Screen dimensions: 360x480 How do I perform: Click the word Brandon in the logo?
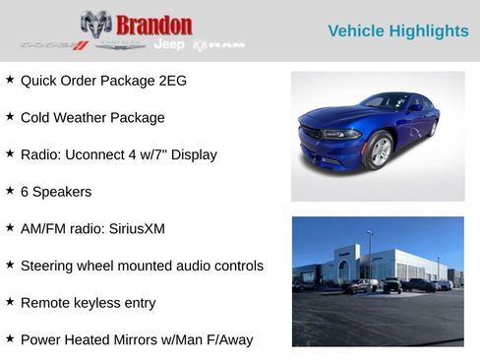click(153, 25)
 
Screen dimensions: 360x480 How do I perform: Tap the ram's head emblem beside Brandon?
click(95, 24)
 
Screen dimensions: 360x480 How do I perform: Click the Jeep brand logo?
click(168, 44)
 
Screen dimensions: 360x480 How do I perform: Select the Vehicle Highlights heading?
click(397, 31)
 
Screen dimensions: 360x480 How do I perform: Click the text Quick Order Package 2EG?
click(103, 81)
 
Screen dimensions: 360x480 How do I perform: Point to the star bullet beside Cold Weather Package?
click(10, 116)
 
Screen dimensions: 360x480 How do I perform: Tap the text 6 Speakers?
click(56, 192)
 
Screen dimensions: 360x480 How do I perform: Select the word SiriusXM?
click(133, 228)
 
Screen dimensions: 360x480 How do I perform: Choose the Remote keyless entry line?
click(88, 303)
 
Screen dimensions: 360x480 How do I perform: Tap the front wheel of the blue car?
click(379, 150)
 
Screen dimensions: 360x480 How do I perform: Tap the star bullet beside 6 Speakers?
click(10, 191)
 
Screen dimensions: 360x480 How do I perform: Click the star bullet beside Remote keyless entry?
click(10, 302)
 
